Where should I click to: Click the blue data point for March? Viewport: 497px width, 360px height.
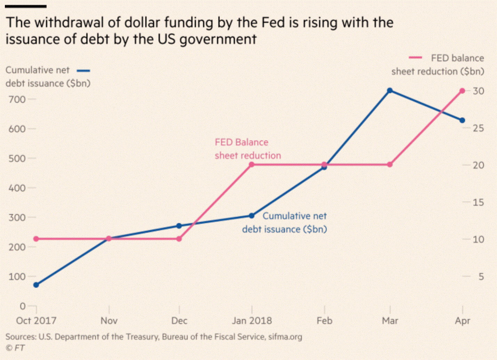(x=390, y=91)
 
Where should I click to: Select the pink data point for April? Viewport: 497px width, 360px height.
(x=462, y=91)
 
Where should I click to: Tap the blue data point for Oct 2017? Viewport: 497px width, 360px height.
(x=36, y=285)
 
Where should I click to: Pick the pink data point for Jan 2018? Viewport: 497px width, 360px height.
(x=252, y=164)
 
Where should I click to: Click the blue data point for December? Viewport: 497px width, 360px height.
(x=179, y=226)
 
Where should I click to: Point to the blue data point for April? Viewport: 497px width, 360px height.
(x=462, y=121)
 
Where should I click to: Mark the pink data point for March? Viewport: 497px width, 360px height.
(x=390, y=164)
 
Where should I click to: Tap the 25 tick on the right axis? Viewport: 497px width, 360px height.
(x=478, y=128)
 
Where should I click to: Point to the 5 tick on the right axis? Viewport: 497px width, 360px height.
(x=481, y=277)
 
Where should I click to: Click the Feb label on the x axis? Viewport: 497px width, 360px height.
(x=324, y=320)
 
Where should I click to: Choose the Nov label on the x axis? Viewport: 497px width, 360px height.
(x=109, y=320)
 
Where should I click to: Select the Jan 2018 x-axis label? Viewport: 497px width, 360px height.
(x=252, y=320)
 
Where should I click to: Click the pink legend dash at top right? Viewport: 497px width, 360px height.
(x=416, y=58)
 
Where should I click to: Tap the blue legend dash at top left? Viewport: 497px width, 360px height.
(x=83, y=71)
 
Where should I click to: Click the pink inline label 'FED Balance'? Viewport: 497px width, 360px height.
(x=242, y=142)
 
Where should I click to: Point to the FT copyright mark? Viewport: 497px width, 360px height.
(x=16, y=348)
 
